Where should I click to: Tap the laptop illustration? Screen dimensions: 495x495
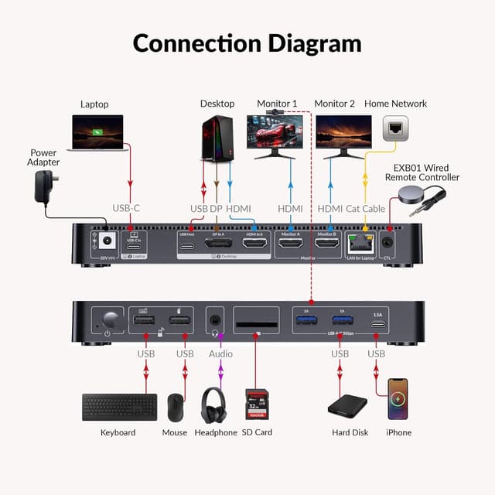pyautogui.click(x=97, y=132)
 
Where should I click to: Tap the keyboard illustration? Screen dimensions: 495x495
pyautogui.click(x=119, y=407)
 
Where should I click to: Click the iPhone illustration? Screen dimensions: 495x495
pyautogui.click(x=398, y=398)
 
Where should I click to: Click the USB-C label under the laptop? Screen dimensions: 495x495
pyautogui.click(x=130, y=209)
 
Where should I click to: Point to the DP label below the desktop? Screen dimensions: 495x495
pyautogui.click(x=217, y=209)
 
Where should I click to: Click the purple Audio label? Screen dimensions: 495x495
pyautogui.click(x=220, y=354)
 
